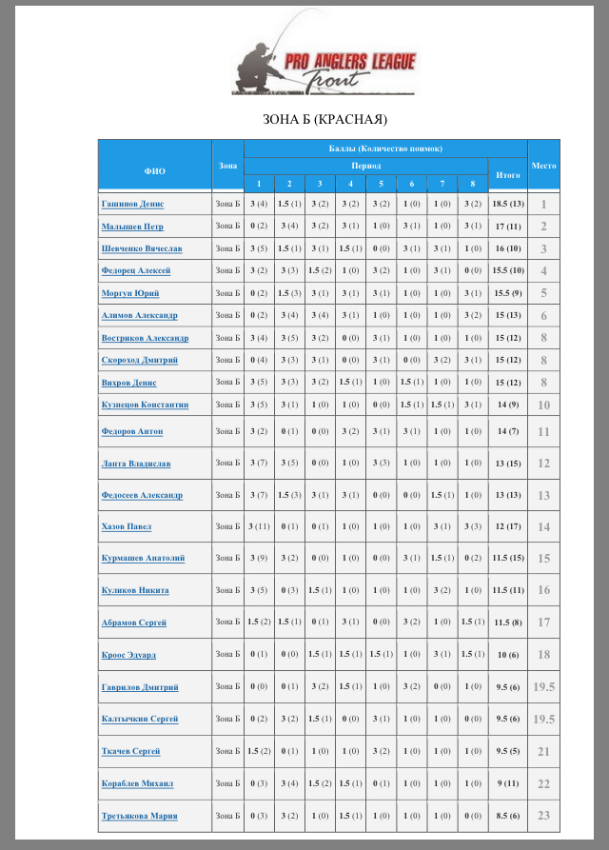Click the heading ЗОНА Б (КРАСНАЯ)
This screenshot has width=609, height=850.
point(324,120)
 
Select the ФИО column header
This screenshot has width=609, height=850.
point(154,171)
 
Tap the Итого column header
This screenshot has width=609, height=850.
point(508,174)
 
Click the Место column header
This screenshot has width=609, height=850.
point(544,165)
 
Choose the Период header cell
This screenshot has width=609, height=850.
point(365,165)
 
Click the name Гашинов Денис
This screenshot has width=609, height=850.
point(132,204)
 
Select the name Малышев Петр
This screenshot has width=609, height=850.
point(132,227)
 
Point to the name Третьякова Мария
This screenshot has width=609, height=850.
point(139,816)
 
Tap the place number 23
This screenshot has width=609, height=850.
point(544,816)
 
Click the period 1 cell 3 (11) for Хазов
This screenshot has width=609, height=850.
point(259,526)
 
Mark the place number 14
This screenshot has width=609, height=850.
point(544,526)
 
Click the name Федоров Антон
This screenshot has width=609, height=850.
point(131,431)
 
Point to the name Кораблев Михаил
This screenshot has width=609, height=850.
point(137,783)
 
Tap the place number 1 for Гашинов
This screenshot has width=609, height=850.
point(544,204)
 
